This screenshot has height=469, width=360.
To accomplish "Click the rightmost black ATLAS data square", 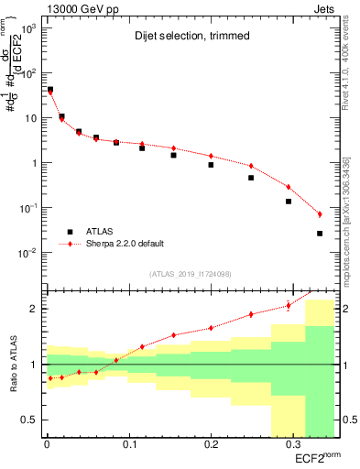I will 320,234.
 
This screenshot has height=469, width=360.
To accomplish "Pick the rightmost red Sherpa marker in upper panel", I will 320,214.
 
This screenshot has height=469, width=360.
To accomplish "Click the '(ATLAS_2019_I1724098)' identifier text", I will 191,273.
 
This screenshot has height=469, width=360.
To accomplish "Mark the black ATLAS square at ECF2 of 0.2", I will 211,165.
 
